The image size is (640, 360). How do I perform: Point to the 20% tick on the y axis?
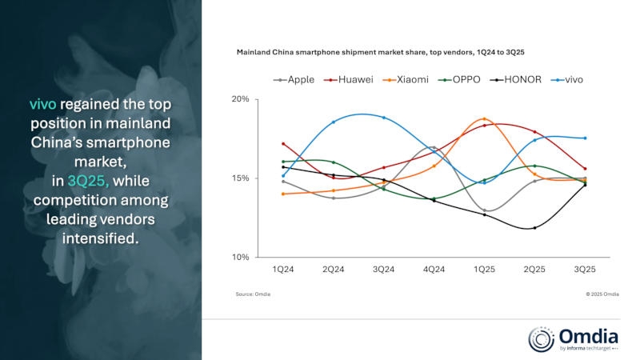[239, 99]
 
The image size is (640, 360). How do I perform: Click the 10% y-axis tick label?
[239, 258]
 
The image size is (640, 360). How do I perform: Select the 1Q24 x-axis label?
[283, 270]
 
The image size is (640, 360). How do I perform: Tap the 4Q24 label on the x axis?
[434, 270]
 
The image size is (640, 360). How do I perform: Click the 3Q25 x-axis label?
[584, 270]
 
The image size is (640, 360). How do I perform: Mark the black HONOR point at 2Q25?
[534, 228]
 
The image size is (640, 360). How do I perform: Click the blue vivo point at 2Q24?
[334, 122]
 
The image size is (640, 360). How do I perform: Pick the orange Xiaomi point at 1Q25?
[484, 119]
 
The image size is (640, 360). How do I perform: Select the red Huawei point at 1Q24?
[283, 144]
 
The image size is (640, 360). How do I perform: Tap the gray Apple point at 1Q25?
[484, 210]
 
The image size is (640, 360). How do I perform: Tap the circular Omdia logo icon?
[542, 338]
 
